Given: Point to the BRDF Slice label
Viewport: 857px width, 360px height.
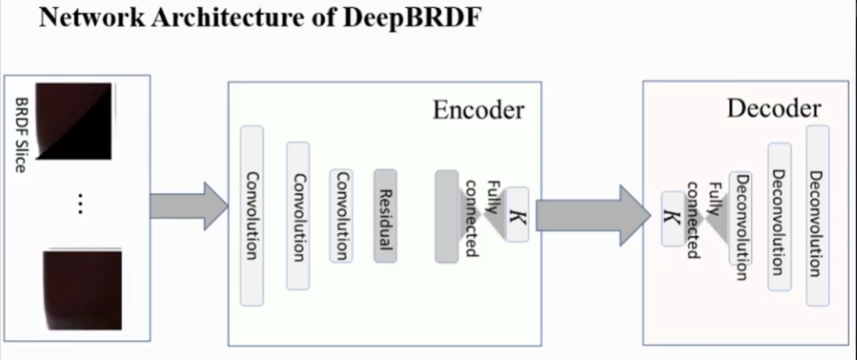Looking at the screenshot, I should point(22,135).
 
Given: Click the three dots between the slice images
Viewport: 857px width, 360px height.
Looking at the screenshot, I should point(80,206).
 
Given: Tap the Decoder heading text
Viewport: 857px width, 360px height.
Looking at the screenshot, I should point(773,110).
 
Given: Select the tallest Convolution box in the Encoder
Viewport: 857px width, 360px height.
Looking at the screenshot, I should point(252,215).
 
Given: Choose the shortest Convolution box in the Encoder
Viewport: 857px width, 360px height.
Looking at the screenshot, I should point(341,215).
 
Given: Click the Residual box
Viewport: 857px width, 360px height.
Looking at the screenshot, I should point(385,215).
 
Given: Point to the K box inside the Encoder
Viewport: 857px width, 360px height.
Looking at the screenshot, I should point(517,215).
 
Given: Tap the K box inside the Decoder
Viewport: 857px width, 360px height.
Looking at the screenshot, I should point(669,219).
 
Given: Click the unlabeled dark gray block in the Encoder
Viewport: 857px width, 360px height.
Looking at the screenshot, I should point(446,216).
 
